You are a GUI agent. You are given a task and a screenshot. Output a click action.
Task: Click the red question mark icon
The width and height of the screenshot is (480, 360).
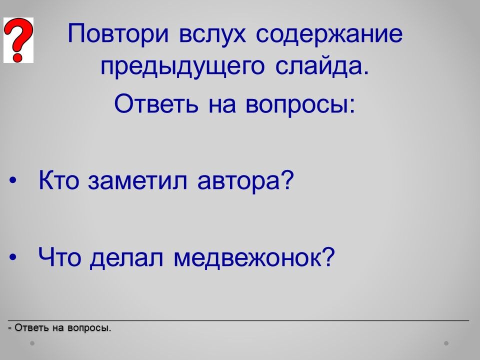click(x=18, y=40)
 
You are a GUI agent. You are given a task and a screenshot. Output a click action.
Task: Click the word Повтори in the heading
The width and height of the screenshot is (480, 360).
click(x=118, y=33)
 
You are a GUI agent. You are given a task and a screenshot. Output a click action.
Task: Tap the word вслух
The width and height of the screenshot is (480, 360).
click(x=212, y=33)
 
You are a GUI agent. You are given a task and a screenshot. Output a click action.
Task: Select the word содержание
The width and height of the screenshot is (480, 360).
click(x=329, y=34)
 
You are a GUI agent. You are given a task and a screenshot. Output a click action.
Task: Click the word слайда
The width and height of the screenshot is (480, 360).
click(x=322, y=65)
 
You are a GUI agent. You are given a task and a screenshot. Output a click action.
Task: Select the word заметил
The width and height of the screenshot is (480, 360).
click(x=137, y=180)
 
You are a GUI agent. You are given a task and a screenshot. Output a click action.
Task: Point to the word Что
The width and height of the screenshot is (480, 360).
click(x=59, y=256)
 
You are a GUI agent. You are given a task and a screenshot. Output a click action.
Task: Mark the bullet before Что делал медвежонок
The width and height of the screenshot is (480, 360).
click(x=12, y=257)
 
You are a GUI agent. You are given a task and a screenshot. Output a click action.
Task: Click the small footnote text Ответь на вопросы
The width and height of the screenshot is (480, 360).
click(x=60, y=328)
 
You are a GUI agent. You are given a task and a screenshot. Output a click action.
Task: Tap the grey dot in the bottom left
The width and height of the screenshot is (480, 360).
click(x=32, y=343)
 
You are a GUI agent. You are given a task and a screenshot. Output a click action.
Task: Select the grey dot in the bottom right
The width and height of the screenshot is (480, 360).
click(x=446, y=343)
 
